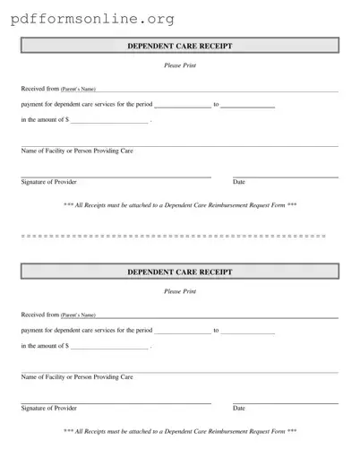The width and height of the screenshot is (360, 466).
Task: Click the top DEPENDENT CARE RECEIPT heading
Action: click(x=179, y=46)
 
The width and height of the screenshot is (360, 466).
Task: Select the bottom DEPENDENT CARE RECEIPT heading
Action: click(x=179, y=272)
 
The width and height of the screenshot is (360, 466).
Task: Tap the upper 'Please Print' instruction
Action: click(x=179, y=66)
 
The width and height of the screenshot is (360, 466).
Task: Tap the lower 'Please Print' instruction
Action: click(x=179, y=292)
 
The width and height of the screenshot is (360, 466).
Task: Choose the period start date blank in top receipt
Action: click(x=184, y=107)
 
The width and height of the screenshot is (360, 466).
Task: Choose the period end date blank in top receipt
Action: click(x=247, y=107)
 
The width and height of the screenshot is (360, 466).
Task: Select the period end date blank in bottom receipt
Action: click(x=247, y=332)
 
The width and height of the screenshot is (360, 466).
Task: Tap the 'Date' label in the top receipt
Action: click(x=239, y=183)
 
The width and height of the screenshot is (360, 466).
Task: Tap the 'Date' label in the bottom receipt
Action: click(x=239, y=409)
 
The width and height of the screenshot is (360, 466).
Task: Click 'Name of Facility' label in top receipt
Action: click(x=77, y=151)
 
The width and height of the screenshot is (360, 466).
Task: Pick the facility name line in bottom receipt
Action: click(x=179, y=372)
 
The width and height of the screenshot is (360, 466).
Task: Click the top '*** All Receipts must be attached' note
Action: click(x=180, y=205)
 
